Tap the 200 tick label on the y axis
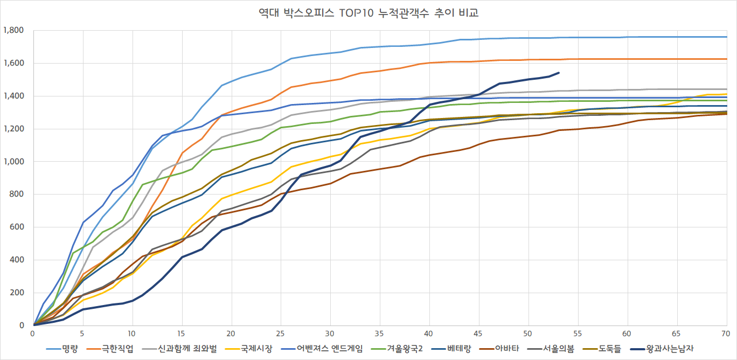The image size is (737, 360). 17,293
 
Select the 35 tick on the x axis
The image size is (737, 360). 380,334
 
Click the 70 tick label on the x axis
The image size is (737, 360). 726,334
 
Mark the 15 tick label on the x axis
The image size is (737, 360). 182,334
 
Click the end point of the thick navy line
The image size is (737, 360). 559,73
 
